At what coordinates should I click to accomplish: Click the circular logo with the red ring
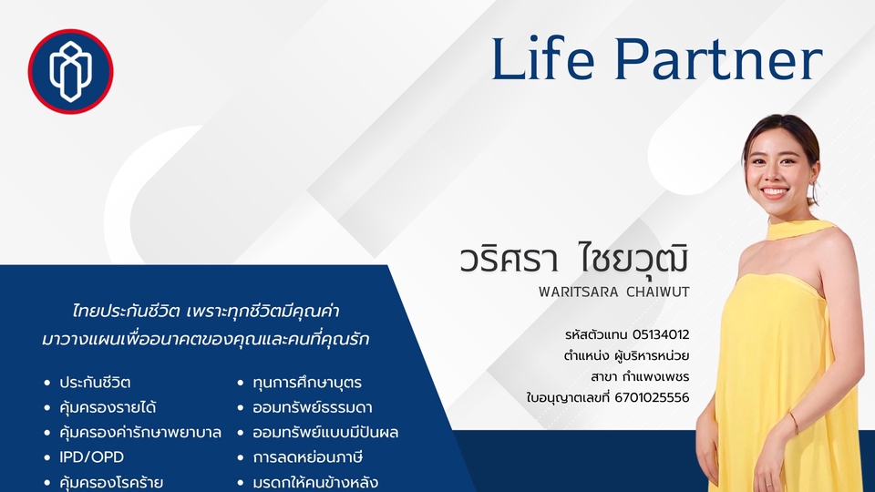tap(71, 71)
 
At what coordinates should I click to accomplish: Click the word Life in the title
tap(543, 58)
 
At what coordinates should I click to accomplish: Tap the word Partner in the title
tap(719, 58)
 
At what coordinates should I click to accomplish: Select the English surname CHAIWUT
tap(658, 292)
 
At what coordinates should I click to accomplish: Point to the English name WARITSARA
tap(579, 292)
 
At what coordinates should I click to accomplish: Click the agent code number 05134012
tap(661, 334)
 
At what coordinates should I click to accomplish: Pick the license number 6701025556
tap(652, 398)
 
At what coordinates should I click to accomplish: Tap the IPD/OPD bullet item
tap(91, 457)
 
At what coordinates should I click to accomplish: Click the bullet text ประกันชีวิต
tap(95, 383)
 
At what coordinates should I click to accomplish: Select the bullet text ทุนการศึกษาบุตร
tap(307, 383)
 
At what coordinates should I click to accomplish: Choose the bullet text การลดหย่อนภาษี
tap(308, 457)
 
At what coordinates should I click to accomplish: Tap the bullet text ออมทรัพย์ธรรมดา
tap(313, 408)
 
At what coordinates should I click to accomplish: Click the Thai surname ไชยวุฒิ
tap(633, 258)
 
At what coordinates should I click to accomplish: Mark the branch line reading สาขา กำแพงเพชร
tap(640, 377)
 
